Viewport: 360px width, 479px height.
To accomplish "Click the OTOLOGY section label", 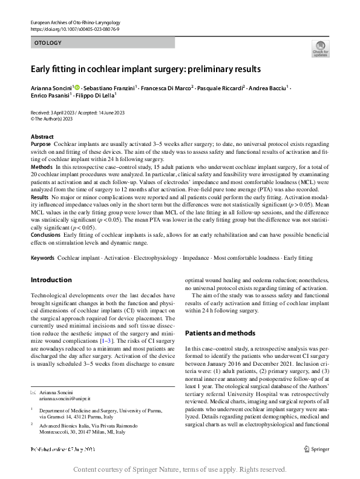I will pos(48,43).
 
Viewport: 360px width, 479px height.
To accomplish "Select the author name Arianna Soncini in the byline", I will pos(51,88).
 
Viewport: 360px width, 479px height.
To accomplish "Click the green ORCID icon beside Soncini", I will pos(77,88).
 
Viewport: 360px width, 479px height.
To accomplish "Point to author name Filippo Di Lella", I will pos(98,96).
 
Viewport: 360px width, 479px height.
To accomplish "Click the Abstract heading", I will pos(42,137).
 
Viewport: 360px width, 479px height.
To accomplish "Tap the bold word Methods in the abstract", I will pos(41,166).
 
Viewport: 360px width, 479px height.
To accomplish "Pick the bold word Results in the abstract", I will pos(39,197).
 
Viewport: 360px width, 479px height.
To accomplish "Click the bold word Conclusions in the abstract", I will pos(45,234).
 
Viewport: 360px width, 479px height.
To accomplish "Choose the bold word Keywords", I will pos(42,258).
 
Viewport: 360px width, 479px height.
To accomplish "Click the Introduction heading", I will pos(51,280).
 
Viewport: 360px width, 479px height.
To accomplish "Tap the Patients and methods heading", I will pos(220,333).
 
